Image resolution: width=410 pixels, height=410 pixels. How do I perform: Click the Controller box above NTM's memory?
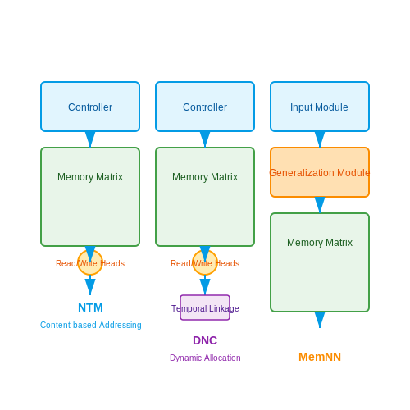coord(90,107)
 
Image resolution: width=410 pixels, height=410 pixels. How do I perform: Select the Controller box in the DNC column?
coord(205,107)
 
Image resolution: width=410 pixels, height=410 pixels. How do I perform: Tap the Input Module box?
coord(320,107)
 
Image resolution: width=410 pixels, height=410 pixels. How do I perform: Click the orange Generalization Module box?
coord(320,172)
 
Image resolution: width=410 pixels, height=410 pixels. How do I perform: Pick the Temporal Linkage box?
coord(205,307)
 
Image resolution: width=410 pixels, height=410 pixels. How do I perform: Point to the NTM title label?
coord(90,307)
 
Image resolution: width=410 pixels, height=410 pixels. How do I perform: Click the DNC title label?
coord(205,340)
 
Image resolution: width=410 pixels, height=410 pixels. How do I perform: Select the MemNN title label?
coord(320,357)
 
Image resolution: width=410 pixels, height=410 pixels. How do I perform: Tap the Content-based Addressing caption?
coord(91,325)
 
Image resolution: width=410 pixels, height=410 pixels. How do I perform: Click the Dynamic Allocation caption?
coord(205,358)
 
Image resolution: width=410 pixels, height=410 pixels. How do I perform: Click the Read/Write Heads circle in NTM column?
coord(90,262)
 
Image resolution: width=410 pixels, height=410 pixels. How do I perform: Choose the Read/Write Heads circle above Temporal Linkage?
coord(205,262)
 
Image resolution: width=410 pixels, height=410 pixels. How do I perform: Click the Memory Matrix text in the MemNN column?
coord(320,243)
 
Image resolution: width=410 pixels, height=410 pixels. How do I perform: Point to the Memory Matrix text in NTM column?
coord(90,177)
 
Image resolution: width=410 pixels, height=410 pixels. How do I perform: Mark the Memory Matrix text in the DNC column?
coord(205,177)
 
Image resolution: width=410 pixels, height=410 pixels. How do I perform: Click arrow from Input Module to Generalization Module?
coord(320,139)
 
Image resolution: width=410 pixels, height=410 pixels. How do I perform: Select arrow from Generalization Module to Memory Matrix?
coord(320,205)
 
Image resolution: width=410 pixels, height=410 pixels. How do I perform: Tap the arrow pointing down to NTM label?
coord(90,285)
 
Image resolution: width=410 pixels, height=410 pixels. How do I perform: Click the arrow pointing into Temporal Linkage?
coord(205,285)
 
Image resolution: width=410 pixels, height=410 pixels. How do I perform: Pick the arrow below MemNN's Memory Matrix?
coord(320,320)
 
